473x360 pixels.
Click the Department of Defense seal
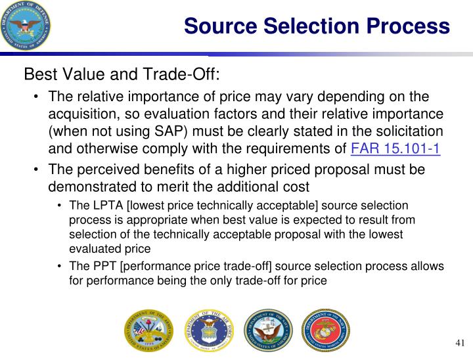(27, 26)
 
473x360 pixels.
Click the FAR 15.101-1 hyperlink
(395, 147)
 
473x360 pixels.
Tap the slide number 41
(459, 344)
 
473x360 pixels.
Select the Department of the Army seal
(145, 330)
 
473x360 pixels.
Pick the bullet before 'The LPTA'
(60, 206)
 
